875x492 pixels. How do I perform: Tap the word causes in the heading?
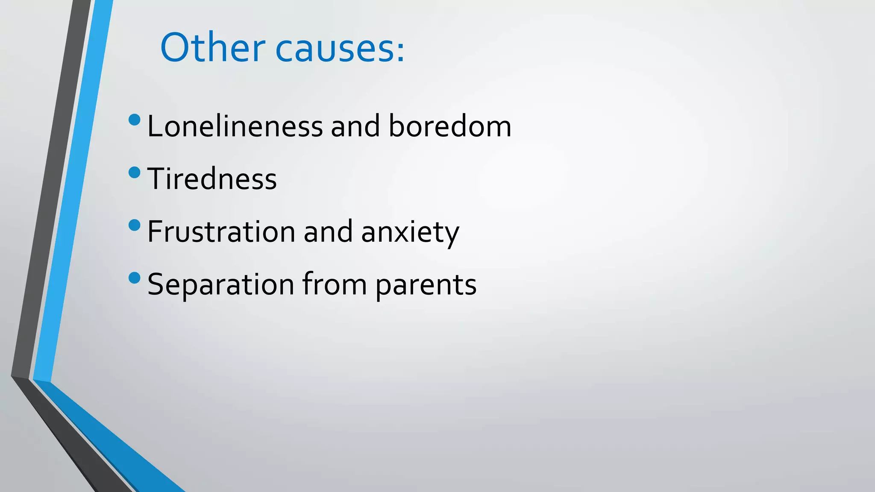(x=334, y=50)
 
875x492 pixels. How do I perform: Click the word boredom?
(x=449, y=126)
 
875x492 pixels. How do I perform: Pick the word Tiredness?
(x=212, y=179)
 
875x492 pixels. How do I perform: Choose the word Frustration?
(x=221, y=231)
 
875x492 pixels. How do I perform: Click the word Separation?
(x=220, y=284)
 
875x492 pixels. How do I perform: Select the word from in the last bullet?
(x=334, y=284)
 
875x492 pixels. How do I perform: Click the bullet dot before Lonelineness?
(x=134, y=120)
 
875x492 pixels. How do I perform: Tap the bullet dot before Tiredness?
(x=134, y=173)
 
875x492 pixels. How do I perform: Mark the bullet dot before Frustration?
(x=134, y=225)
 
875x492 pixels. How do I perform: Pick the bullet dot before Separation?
(x=134, y=278)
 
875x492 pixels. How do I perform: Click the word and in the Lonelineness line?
(x=355, y=126)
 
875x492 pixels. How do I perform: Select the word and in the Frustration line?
(x=328, y=231)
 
